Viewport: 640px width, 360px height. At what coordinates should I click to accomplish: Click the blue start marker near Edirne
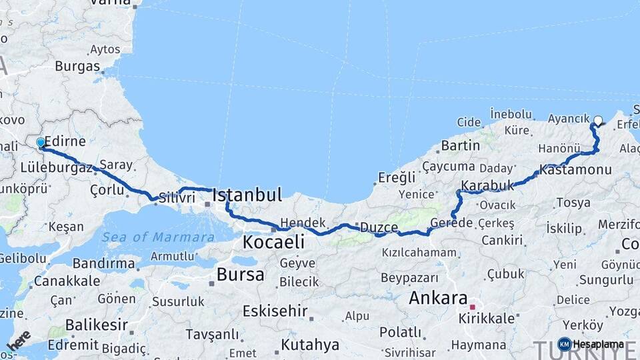click(41, 143)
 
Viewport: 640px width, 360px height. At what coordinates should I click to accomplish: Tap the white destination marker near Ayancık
click(598, 121)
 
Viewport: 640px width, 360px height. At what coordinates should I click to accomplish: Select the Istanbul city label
click(247, 195)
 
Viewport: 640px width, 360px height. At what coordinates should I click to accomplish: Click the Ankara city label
click(437, 297)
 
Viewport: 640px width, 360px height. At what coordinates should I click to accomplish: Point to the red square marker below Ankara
click(472, 307)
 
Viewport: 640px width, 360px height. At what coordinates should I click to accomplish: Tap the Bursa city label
click(240, 275)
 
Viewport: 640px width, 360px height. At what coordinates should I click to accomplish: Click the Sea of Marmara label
click(158, 237)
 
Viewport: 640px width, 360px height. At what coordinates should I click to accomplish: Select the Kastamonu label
click(575, 170)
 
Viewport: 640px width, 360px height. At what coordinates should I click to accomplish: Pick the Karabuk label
click(487, 185)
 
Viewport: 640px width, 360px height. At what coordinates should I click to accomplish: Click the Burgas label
click(77, 66)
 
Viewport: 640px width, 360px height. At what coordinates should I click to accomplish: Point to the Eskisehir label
click(275, 311)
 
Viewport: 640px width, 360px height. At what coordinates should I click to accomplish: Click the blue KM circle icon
click(564, 344)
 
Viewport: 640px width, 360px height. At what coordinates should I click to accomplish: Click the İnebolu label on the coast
click(511, 114)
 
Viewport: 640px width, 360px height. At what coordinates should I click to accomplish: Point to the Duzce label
click(379, 227)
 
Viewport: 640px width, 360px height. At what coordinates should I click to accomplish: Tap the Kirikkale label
click(487, 319)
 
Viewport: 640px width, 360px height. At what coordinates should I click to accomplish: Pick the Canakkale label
click(67, 281)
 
